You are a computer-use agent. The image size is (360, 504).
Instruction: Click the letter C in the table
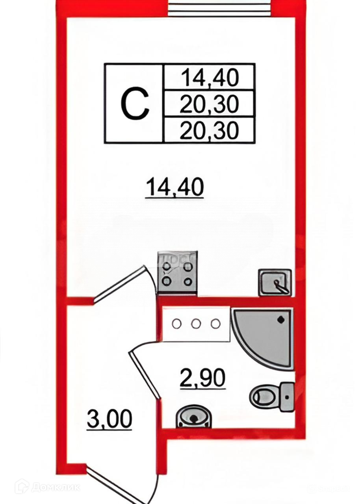tap(135, 103)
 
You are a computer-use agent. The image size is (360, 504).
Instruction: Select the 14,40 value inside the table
tap(210, 78)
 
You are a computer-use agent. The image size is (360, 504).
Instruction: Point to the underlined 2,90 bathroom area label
tap(202, 378)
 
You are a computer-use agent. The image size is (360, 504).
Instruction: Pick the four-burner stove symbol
tap(177, 273)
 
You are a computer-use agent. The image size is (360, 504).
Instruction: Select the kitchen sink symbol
tap(275, 282)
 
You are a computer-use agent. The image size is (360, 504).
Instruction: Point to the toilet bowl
tap(262, 396)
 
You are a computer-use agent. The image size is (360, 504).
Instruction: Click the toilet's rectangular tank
tap(287, 397)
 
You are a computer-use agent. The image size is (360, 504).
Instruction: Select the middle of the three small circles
tap(196, 324)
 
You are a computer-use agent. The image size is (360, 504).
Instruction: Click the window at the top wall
tap(220, 8)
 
